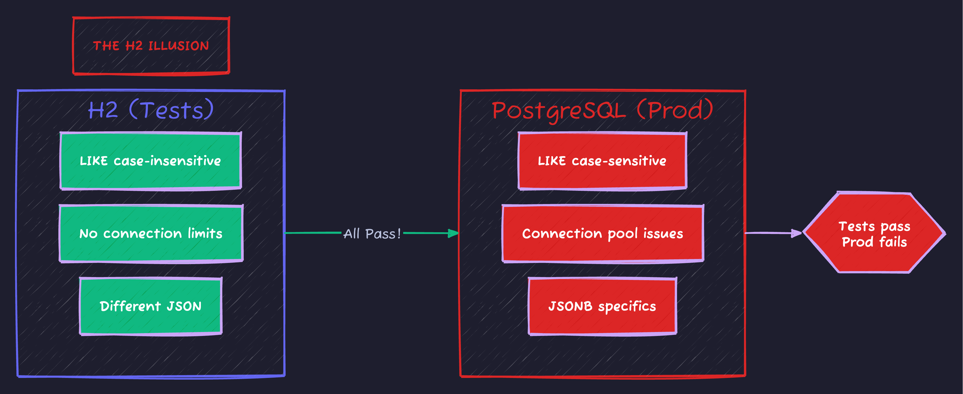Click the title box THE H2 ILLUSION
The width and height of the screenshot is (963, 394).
(x=151, y=46)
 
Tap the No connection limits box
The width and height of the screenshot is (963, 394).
(x=151, y=234)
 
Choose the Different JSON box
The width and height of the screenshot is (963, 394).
(x=151, y=306)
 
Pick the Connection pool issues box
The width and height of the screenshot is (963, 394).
(x=603, y=234)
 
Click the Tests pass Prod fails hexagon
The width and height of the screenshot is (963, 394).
(x=874, y=234)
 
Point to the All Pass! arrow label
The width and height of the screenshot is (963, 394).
(x=372, y=234)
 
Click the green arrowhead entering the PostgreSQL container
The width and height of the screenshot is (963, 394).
(x=453, y=233)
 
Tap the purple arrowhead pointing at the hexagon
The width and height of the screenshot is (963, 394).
(x=796, y=233)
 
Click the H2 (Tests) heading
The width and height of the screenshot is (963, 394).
(x=151, y=110)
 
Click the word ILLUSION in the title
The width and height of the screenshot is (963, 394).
(x=179, y=46)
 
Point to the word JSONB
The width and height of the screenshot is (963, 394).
(x=570, y=306)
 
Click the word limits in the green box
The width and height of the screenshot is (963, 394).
(x=205, y=233)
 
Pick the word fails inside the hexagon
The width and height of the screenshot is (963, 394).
(x=893, y=242)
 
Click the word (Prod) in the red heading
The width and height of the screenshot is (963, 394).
(x=675, y=110)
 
